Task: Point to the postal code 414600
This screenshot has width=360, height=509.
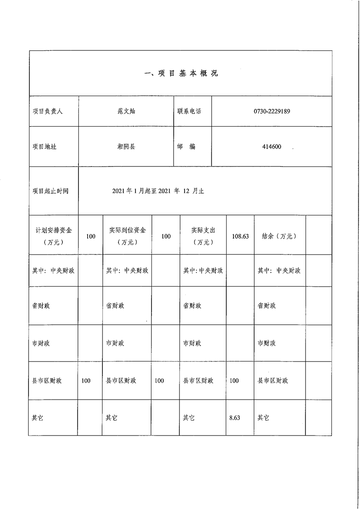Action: coord(272,147)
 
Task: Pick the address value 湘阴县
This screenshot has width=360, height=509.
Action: coord(126,147)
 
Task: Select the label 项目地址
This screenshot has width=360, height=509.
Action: coord(44,147)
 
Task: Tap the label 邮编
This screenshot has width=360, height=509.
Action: coord(186,147)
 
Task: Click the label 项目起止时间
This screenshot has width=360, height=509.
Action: coord(50,191)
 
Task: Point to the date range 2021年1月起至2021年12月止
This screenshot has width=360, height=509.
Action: coord(158,191)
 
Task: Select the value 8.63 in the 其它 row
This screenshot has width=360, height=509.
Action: coord(234,418)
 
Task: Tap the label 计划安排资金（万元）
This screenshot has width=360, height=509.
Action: coord(54,236)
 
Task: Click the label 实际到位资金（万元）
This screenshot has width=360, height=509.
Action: coord(127,236)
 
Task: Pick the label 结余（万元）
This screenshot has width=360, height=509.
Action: coord(279,236)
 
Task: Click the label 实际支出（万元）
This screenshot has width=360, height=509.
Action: coord(203,236)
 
